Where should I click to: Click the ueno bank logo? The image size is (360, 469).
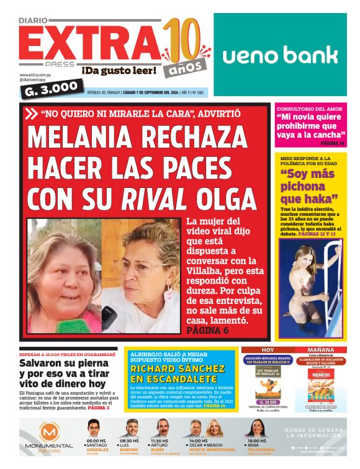click(280, 55)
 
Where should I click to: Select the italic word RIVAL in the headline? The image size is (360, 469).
click(154, 198)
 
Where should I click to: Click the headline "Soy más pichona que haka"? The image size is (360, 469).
click(309, 186)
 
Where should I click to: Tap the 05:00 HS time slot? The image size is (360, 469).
click(96, 441)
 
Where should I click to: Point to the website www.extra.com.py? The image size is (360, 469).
click(34, 74)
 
